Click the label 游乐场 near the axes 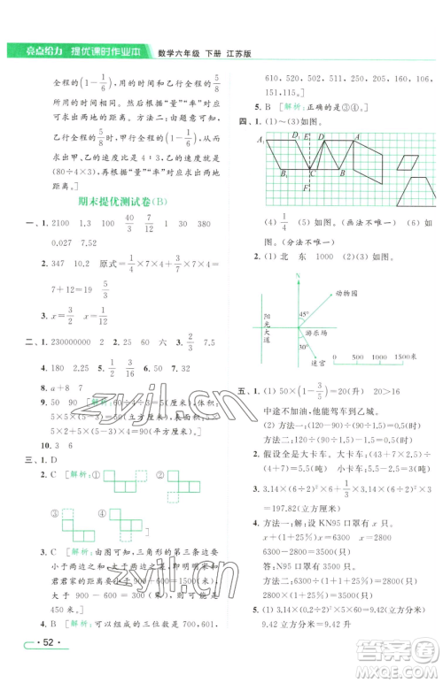pyautogui.click(x=315, y=332)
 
